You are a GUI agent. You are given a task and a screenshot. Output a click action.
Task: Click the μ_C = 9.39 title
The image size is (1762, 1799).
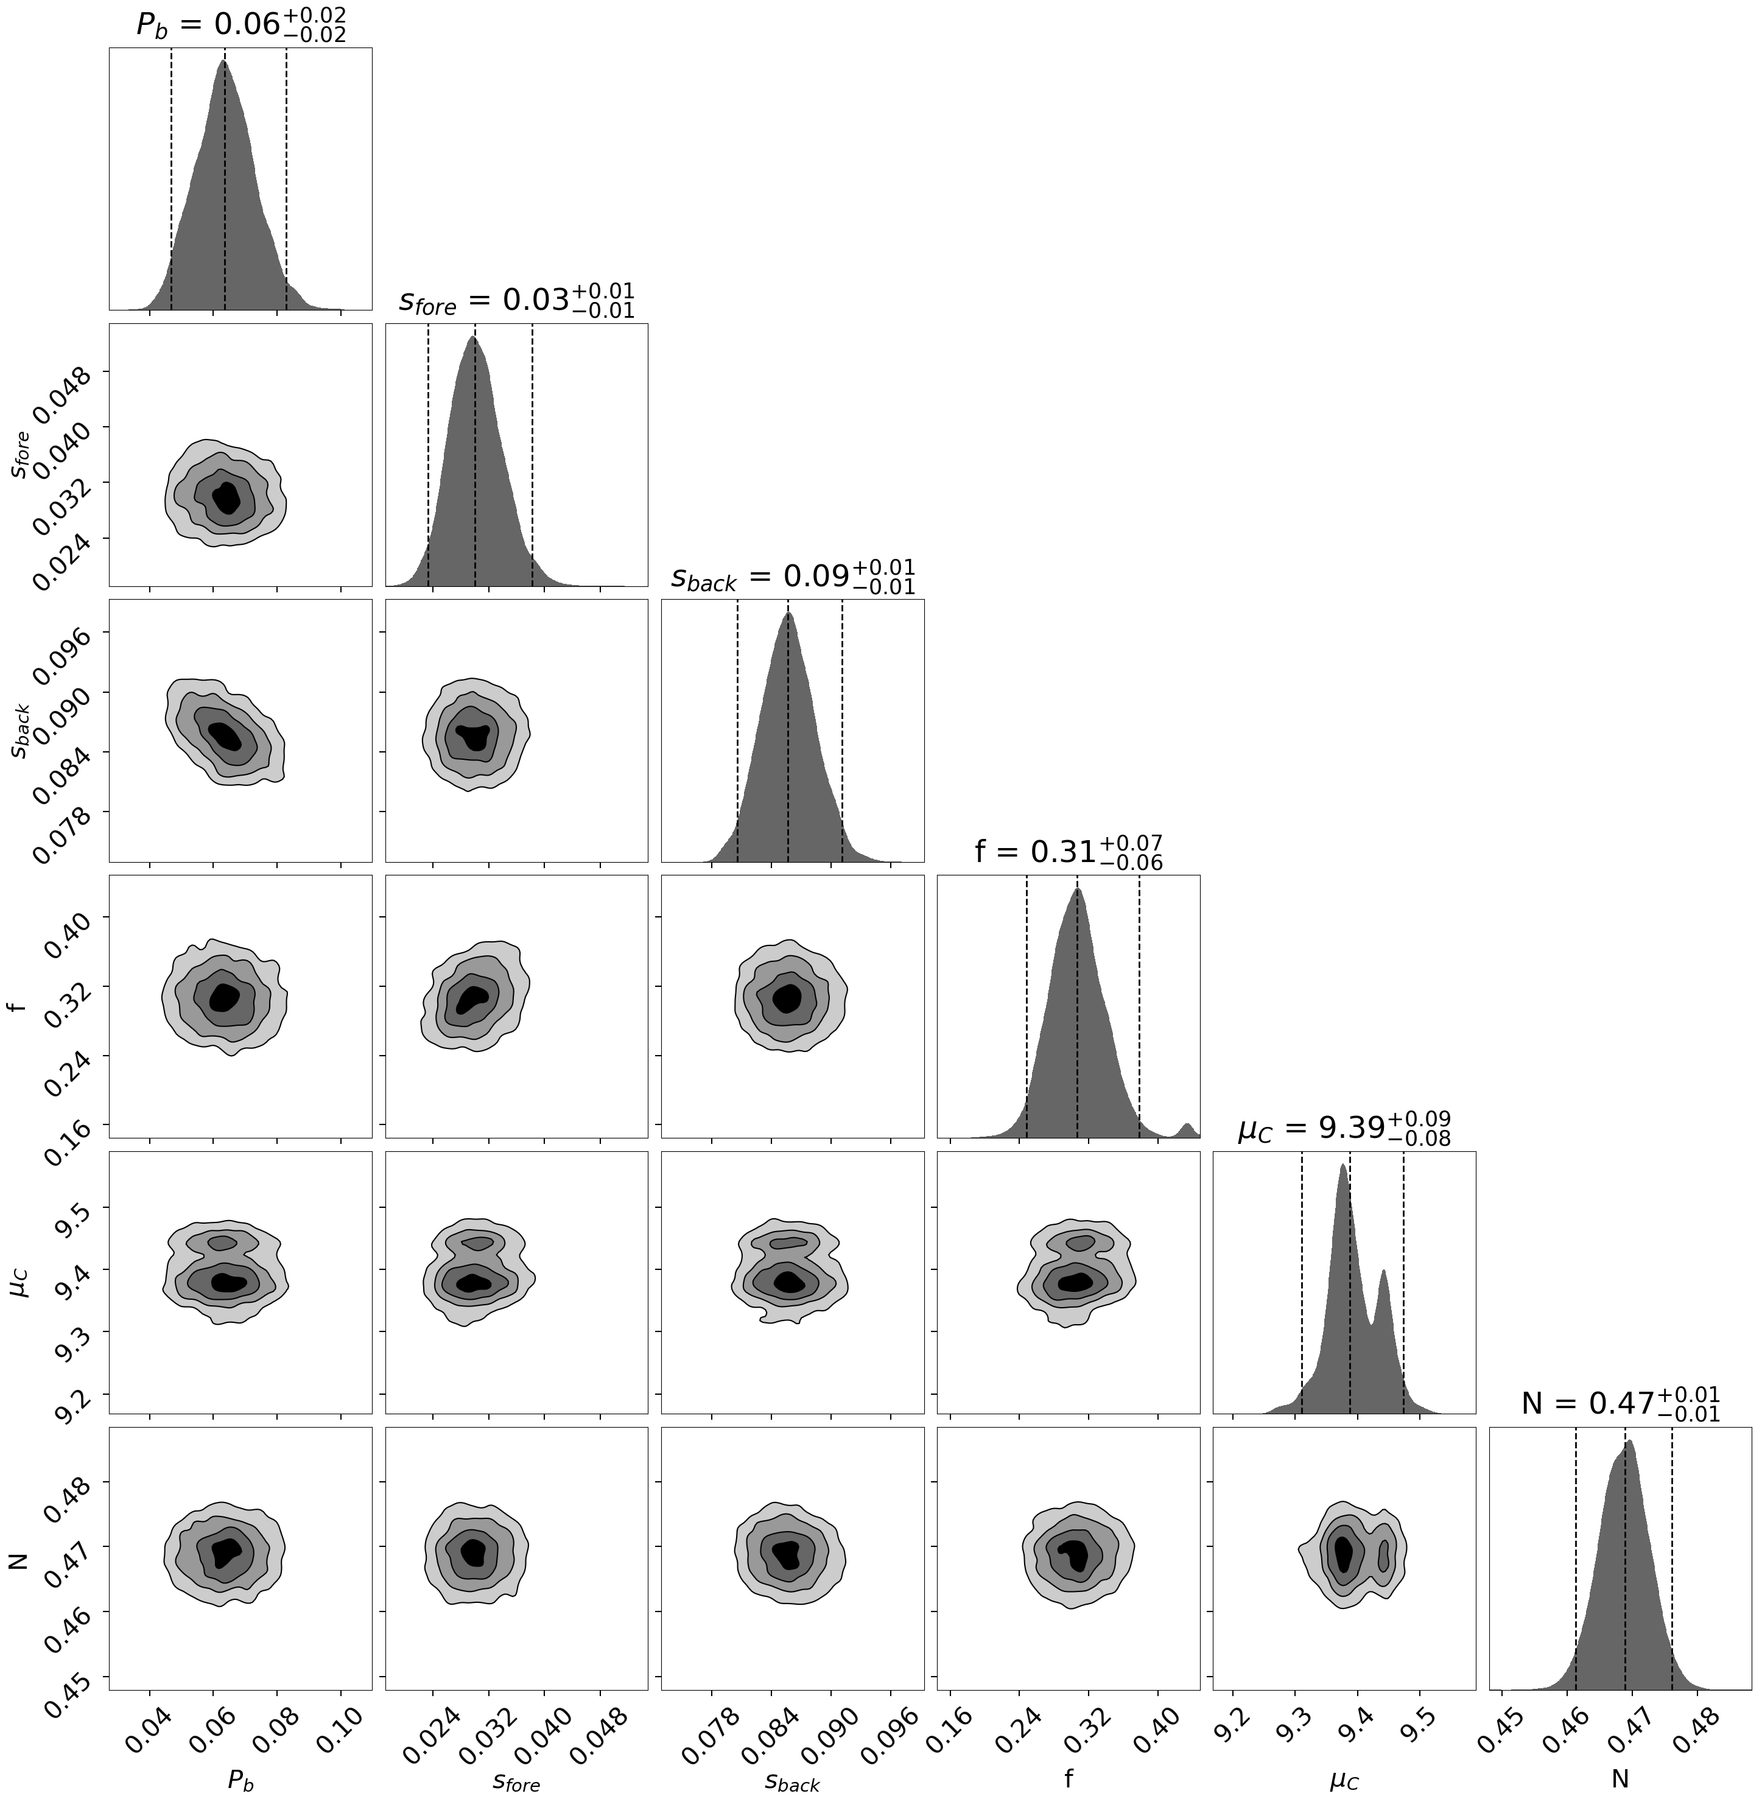point(1344,1128)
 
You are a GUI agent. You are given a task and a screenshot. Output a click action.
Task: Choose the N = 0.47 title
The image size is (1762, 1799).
point(1620,1404)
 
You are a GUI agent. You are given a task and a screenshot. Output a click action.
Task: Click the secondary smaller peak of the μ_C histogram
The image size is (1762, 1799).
point(1383,1274)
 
